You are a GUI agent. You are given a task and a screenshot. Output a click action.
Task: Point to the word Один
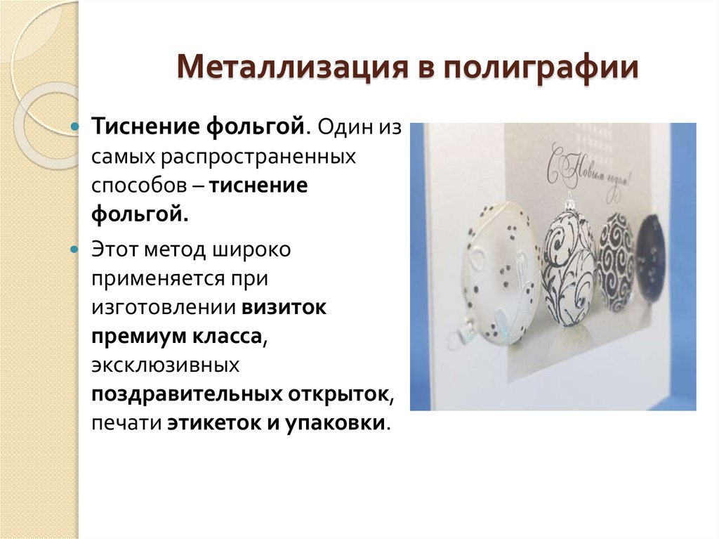(343, 129)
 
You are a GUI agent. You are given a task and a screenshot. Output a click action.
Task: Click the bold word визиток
(285, 309)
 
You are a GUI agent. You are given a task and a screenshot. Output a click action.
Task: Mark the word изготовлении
(166, 309)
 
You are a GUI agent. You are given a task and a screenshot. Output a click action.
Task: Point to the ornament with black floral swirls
(569, 264)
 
